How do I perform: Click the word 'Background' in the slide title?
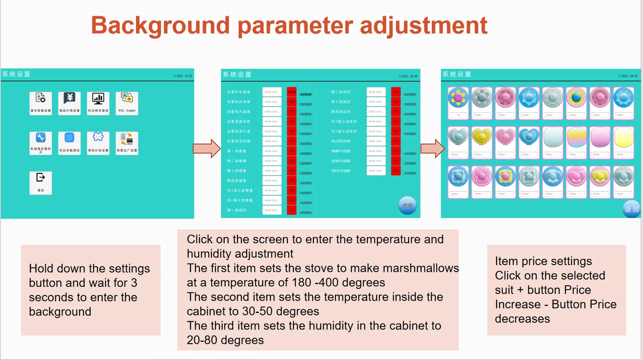[x=160, y=25]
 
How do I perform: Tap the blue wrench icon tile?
[x=41, y=143]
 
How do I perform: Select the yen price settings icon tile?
[x=70, y=103]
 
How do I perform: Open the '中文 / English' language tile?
[x=127, y=103]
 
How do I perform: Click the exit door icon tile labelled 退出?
[x=41, y=182]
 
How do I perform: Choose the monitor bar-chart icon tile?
[x=98, y=103]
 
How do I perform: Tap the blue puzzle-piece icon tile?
[x=98, y=143]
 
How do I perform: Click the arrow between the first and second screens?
[x=206, y=148]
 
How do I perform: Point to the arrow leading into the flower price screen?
[x=432, y=148]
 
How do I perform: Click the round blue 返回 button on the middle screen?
[x=407, y=205]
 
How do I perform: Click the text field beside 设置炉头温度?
[x=272, y=92]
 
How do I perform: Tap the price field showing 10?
[x=458, y=115]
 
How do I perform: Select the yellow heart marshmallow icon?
[x=482, y=137]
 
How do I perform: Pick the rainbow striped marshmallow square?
[x=577, y=137]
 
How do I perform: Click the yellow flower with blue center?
[x=577, y=97]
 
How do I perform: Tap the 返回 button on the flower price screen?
[x=631, y=209]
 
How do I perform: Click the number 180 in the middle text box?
[x=301, y=282]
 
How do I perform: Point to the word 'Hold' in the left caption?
[x=41, y=269]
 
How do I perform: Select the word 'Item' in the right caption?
[x=507, y=261]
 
